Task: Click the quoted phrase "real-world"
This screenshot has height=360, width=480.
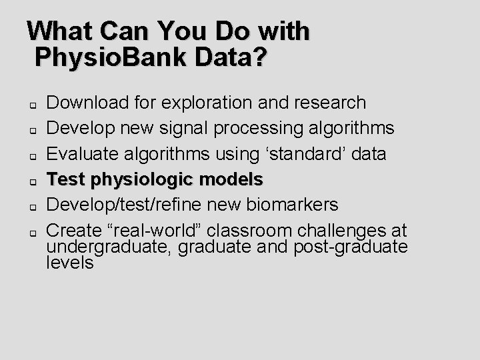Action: [x=155, y=231]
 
